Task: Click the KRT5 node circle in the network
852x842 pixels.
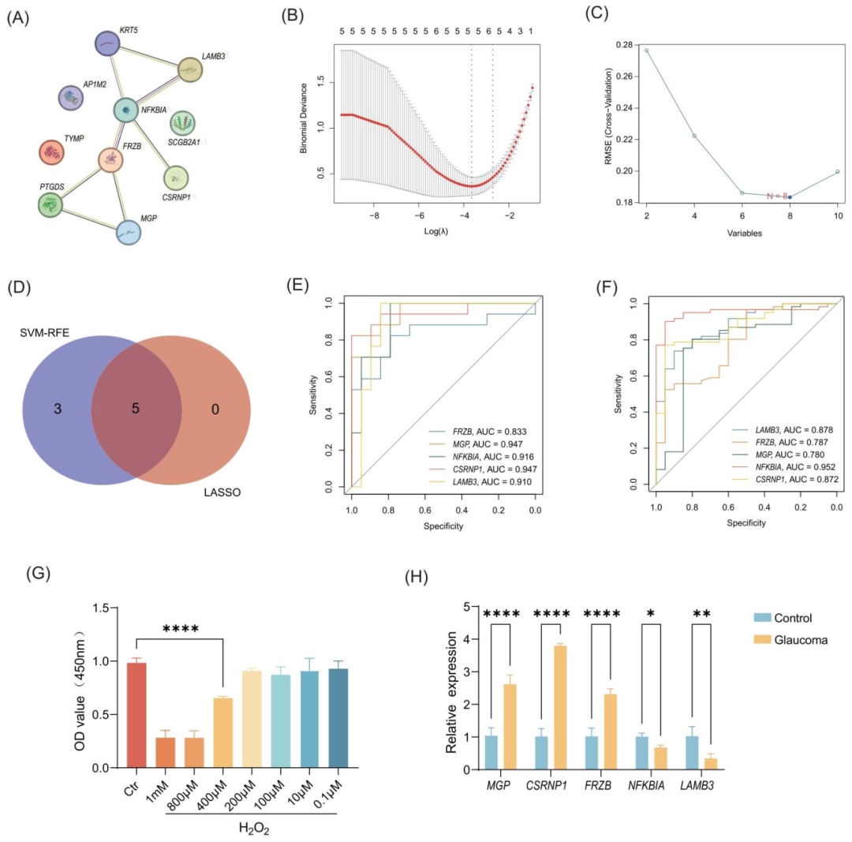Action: pyautogui.click(x=106, y=43)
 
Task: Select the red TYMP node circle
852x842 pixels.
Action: pyautogui.click(x=53, y=152)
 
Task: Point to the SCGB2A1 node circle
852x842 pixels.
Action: pyautogui.click(x=183, y=123)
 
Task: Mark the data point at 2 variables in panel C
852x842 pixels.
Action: pyautogui.click(x=646, y=51)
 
